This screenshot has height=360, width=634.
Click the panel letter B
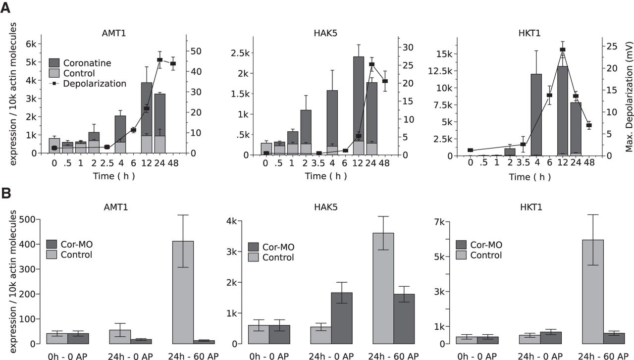coord(7,192)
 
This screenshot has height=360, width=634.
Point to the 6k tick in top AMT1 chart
coord(30,44)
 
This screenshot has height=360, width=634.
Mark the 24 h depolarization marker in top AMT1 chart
coord(159,60)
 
